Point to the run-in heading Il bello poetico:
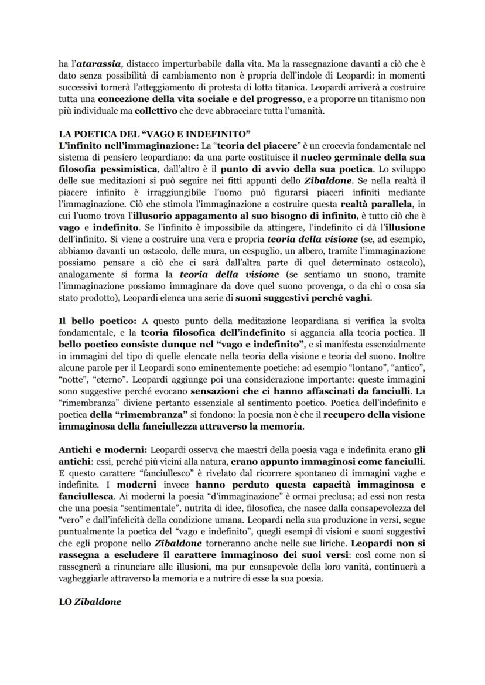pyautogui.click(x=97, y=322)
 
